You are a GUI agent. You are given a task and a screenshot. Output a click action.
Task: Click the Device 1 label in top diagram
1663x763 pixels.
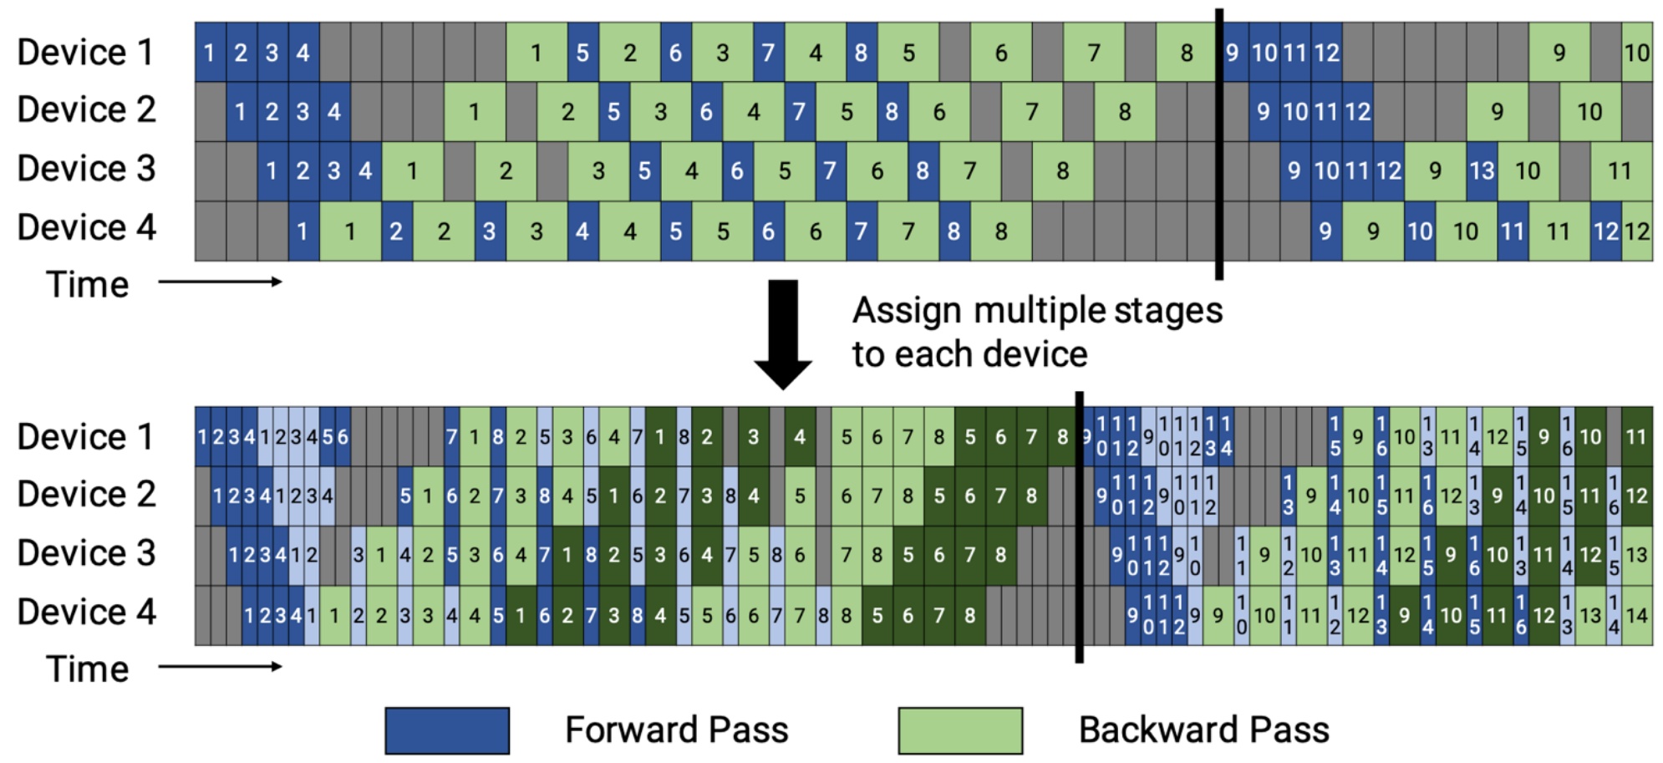pos(85,53)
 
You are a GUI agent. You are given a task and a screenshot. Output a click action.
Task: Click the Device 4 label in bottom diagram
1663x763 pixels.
pos(85,613)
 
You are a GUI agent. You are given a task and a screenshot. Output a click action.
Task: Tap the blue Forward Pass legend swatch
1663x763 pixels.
pos(447,730)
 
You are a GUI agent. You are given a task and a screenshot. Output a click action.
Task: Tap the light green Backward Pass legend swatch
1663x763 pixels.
pos(960,730)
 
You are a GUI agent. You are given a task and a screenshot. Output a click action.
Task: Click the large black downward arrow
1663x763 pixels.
pos(783,334)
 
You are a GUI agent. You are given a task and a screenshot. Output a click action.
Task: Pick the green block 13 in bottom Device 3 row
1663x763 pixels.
pos(1636,555)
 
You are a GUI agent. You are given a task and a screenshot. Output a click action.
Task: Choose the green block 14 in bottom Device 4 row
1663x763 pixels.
pos(1636,616)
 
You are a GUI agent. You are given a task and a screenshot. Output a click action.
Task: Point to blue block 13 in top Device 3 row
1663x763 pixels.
pos(1482,171)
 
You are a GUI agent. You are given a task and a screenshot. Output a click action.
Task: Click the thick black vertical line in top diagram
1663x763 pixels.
pos(1219,142)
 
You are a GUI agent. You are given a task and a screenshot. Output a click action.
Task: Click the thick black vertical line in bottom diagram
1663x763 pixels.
pos(1079,526)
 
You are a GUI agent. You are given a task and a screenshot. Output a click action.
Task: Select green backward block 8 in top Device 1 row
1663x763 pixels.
pos(1186,53)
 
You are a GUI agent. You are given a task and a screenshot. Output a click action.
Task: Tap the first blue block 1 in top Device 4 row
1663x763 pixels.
pos(303,231)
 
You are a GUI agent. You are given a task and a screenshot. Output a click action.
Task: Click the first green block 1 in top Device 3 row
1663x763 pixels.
pos(412,171)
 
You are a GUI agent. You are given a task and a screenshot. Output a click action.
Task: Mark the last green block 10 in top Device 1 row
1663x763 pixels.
pos(1636,53)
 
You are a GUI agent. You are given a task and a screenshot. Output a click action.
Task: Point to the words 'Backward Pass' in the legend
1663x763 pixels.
pos(1203,730)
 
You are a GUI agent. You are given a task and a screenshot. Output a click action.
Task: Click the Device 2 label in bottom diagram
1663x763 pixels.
pos(85,495)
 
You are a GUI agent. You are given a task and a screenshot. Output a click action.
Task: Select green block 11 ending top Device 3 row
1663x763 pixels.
pos(1620,171)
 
